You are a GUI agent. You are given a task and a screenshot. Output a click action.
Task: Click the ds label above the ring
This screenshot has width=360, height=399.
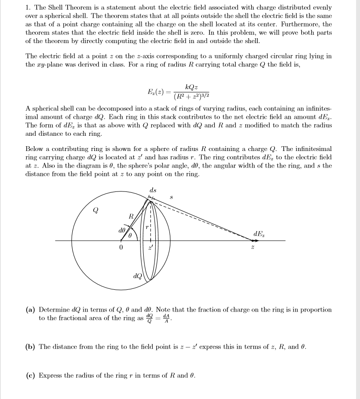[x=153, y=190]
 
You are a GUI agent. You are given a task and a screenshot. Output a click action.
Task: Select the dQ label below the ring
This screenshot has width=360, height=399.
[x=136, y=275]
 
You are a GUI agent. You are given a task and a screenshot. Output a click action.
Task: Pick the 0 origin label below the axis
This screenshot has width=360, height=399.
[x=121, y=248]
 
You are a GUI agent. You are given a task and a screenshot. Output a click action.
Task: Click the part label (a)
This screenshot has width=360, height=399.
[x=30, y=310]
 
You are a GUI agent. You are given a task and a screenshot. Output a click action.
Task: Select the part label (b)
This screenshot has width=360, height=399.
[x=30, y=347]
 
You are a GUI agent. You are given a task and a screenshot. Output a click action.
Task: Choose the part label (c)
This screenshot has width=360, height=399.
[x=30, y=376]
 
